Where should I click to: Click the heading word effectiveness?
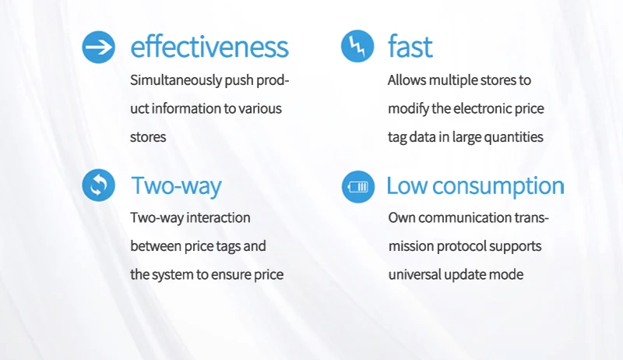(x=209, y=47)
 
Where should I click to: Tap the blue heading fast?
(x=410, y=46)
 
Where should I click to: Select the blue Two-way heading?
(x=176, y=186)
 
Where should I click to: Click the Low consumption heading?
(x=475, y=185)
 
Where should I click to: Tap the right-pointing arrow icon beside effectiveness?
(x=99, y=47)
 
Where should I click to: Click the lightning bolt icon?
(x=357, y=46)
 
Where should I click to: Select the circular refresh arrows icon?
(x=99, y=185)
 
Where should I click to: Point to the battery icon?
(x=358, y=187)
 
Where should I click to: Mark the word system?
(x=172, y=275)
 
